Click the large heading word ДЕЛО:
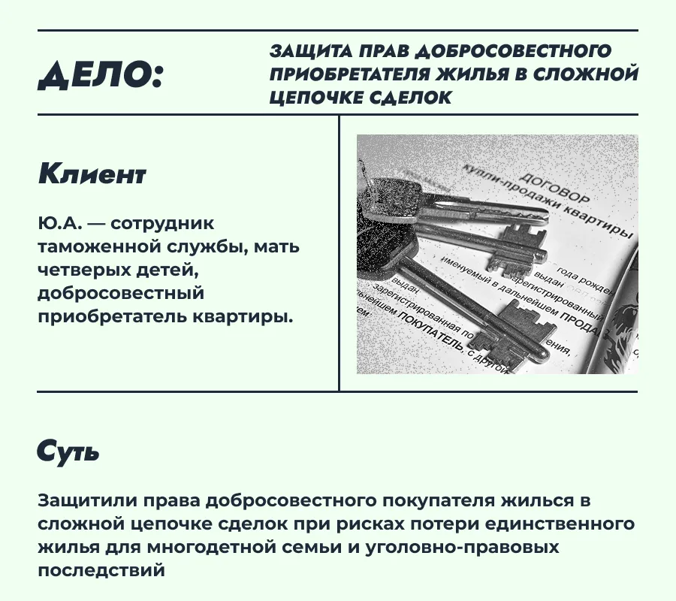[x=101, y=74]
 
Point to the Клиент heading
[x=92, y=174]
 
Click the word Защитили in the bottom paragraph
[x=82, y=501]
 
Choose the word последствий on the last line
[x=100, y=570]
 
